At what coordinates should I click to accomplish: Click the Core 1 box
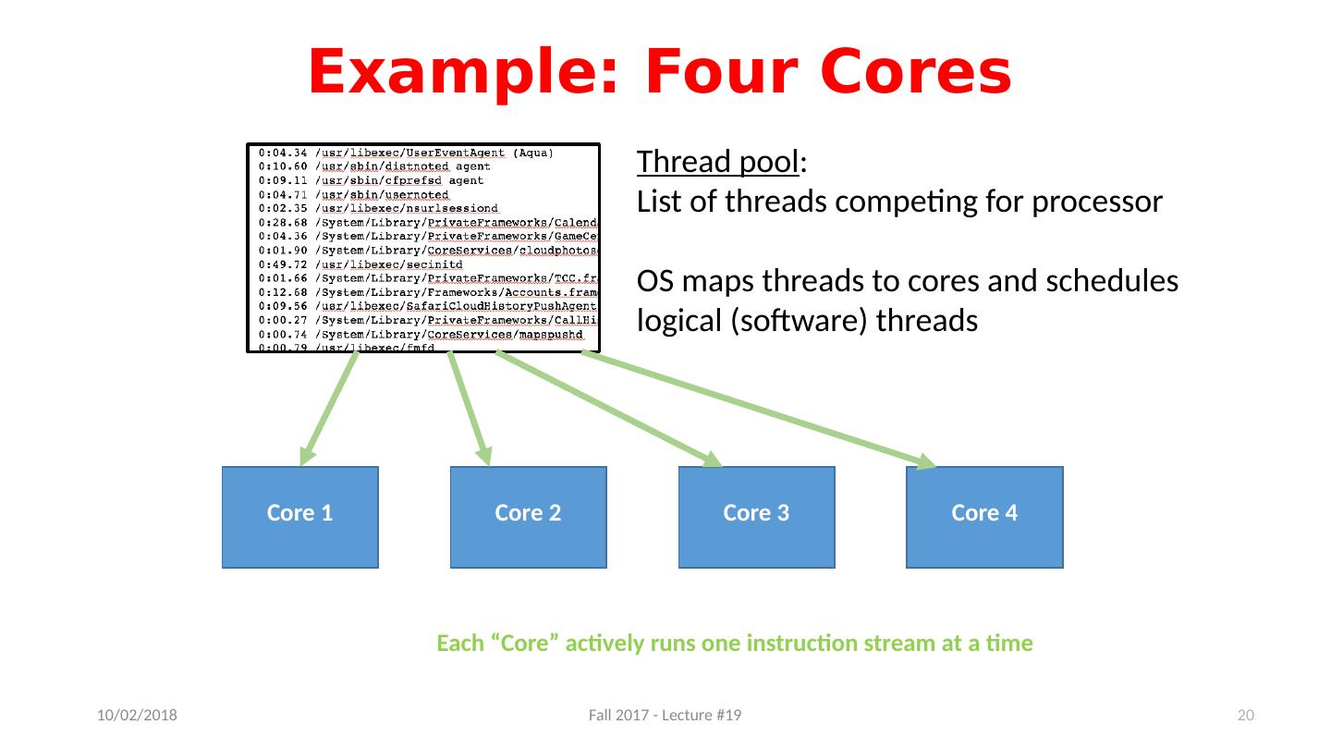point(300,516)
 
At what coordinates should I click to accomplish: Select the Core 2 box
point(529,516)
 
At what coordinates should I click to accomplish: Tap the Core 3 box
point(756,516)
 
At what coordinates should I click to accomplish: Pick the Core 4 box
point(984,516)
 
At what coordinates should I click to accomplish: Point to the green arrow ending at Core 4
point(758,408)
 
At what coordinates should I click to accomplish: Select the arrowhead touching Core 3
point(712,460)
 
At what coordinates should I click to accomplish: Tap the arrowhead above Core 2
point(483,455)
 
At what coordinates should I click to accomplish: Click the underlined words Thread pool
point(717,163)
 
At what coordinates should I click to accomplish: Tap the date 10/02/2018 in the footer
point(139,717)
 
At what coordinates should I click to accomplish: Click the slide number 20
point(1246,717)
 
